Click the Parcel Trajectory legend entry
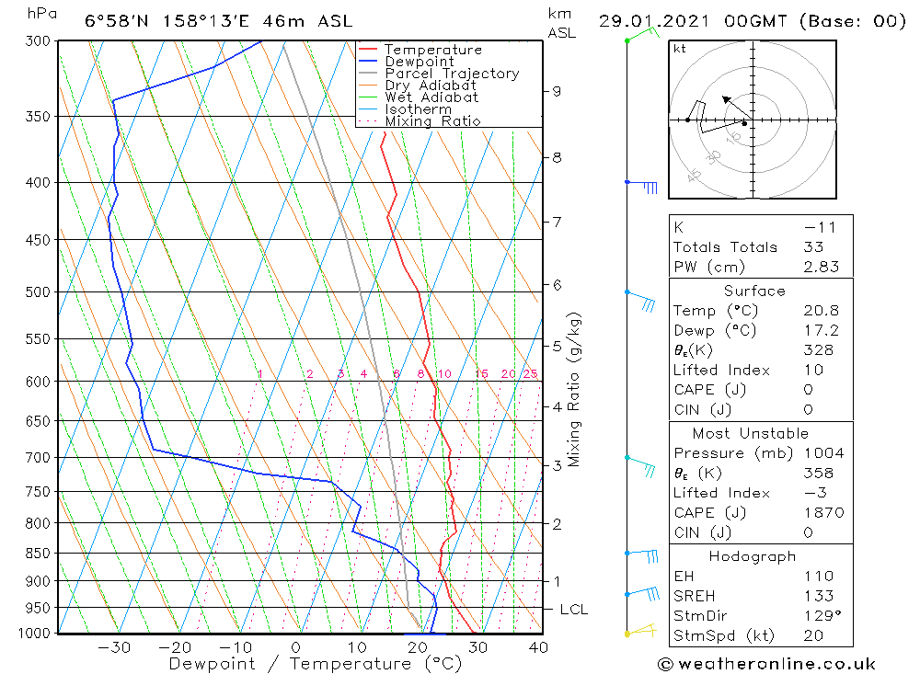(x=452, y=74)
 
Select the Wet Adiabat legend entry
(x=431, y=97)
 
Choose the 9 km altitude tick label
(x=557, y=91)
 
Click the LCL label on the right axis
(x=573, y=610)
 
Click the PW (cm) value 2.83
(x=821, y=268)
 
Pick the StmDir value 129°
(x=822, y=616)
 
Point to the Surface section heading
(x=754, y=291)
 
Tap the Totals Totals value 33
(x=814, y=247)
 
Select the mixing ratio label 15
(x=481, y=374)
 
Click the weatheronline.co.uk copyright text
(x=766, y=664)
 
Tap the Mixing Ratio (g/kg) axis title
(x=575, y=389)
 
